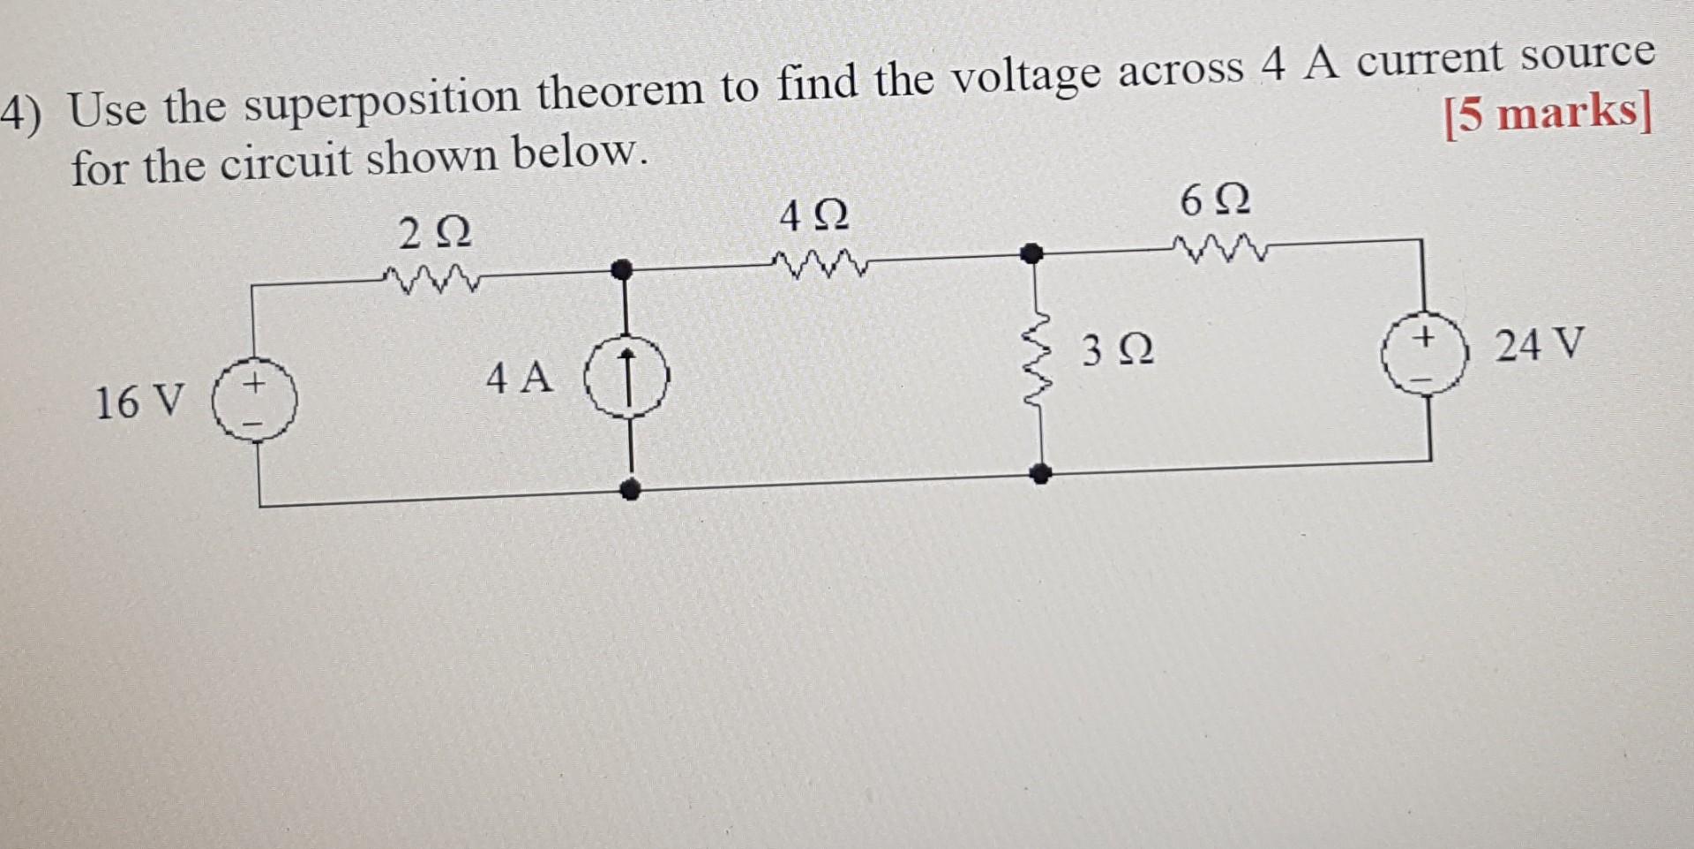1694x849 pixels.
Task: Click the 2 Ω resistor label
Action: click(434, 235)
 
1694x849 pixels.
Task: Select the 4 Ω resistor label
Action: click(813, 216)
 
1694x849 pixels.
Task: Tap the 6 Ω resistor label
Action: click(1215, 202)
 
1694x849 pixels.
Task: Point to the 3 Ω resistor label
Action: click(1118, 351)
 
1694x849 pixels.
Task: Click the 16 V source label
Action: click(139, 402)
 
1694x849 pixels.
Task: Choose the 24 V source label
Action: click(1540, 344)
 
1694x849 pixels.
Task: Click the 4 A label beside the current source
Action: click(520, 379)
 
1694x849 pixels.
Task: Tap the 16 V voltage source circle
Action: click(255, 406)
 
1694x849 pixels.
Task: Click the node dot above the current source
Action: click(623, 268)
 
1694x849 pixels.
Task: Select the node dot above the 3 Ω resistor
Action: click(1030, 254)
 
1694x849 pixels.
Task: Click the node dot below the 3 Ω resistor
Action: click(1041, 475)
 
